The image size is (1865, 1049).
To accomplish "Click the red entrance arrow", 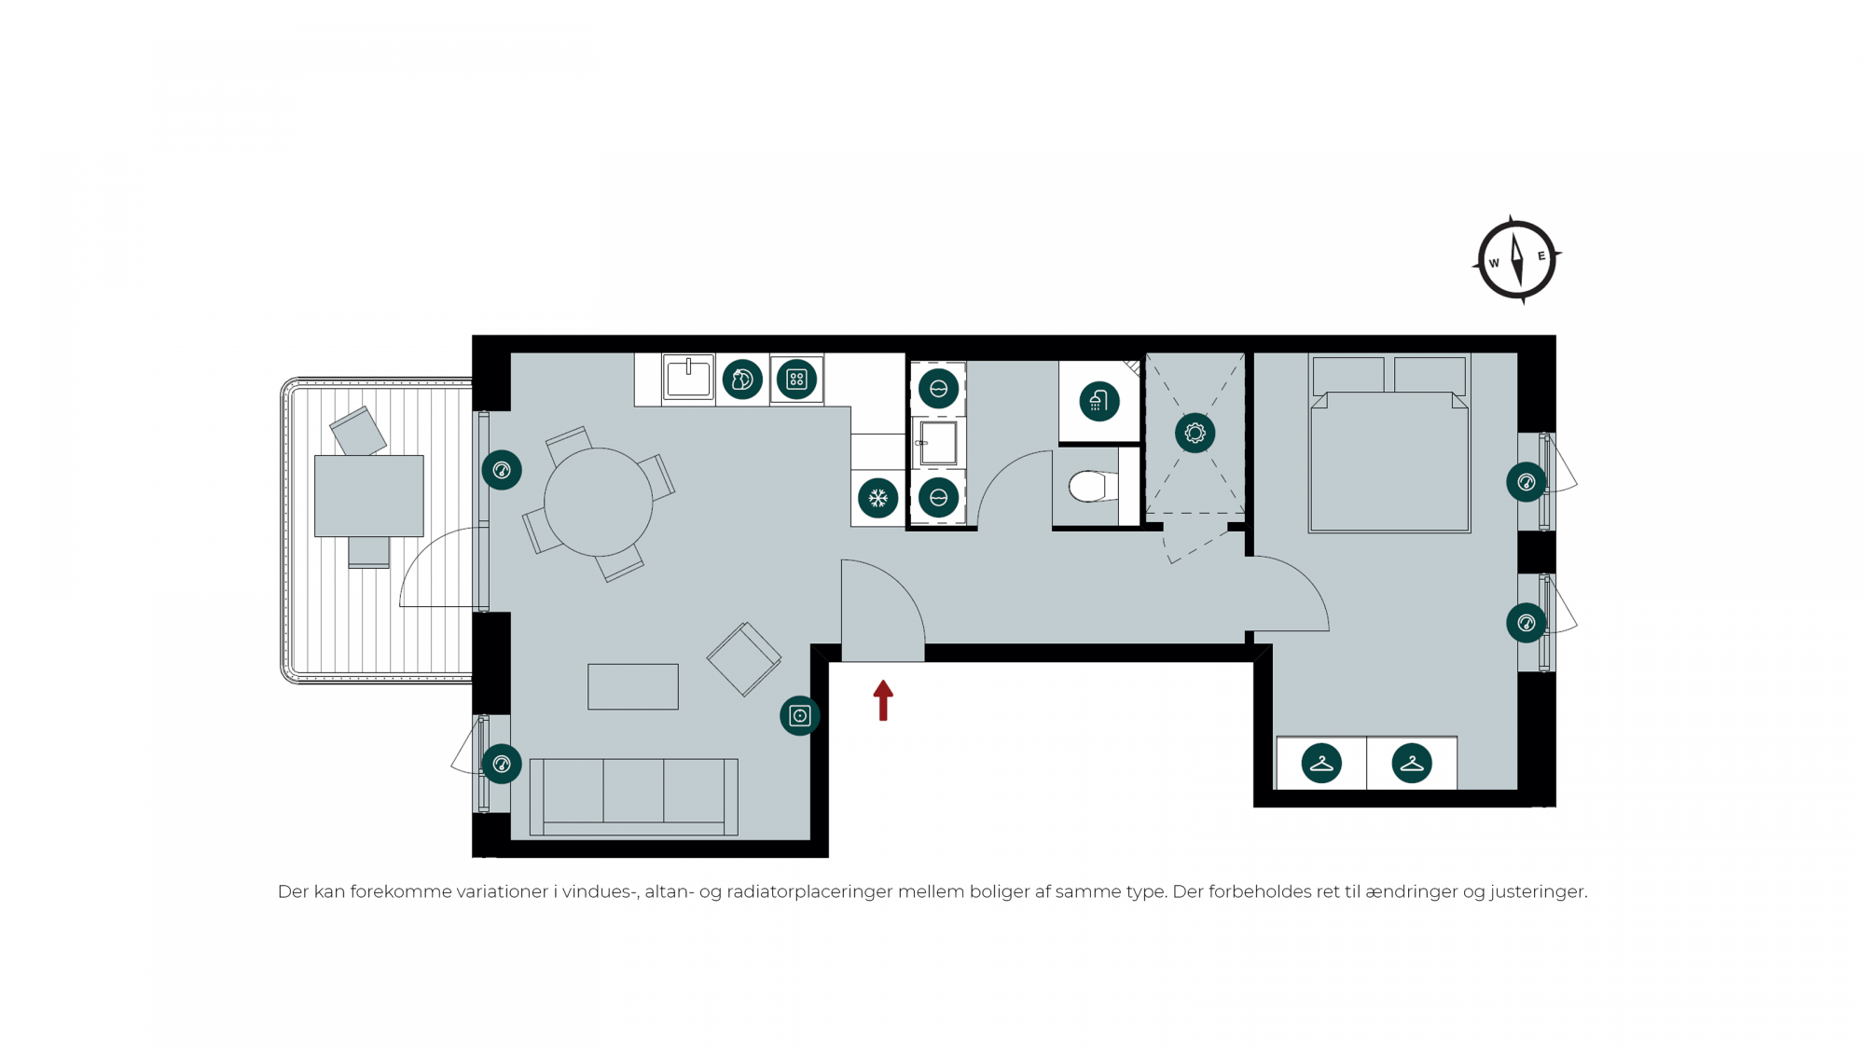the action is pos(883,700).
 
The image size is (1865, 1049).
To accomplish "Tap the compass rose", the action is pos(1516,260).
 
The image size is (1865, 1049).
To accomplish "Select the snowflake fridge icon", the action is pos(877,498).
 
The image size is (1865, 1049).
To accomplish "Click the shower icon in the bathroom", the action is pos(1098,401).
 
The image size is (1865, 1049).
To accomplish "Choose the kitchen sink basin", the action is pos(688,378).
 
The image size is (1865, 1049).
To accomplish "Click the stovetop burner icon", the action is pos(796,380).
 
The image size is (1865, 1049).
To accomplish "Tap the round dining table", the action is pos(598,503).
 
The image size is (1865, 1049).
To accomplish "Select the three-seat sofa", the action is pos(633,796).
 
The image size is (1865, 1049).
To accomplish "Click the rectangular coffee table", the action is pos(632,686).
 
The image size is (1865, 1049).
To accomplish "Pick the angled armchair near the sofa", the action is pos(743,659).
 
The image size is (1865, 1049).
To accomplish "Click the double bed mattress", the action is pos(1389,462).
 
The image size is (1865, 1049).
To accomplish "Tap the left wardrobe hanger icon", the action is pos(1321,763).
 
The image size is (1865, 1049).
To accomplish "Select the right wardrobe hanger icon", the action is pos(1411,763).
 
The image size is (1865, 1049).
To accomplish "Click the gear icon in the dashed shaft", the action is pos(1195,433).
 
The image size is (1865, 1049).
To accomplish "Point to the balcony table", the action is pos(368,496).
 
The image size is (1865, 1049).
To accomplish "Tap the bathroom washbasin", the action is pos(937,443).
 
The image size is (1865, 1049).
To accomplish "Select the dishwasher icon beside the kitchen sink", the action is pos(742,380).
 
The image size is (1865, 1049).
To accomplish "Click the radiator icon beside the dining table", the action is pos(502,470).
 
